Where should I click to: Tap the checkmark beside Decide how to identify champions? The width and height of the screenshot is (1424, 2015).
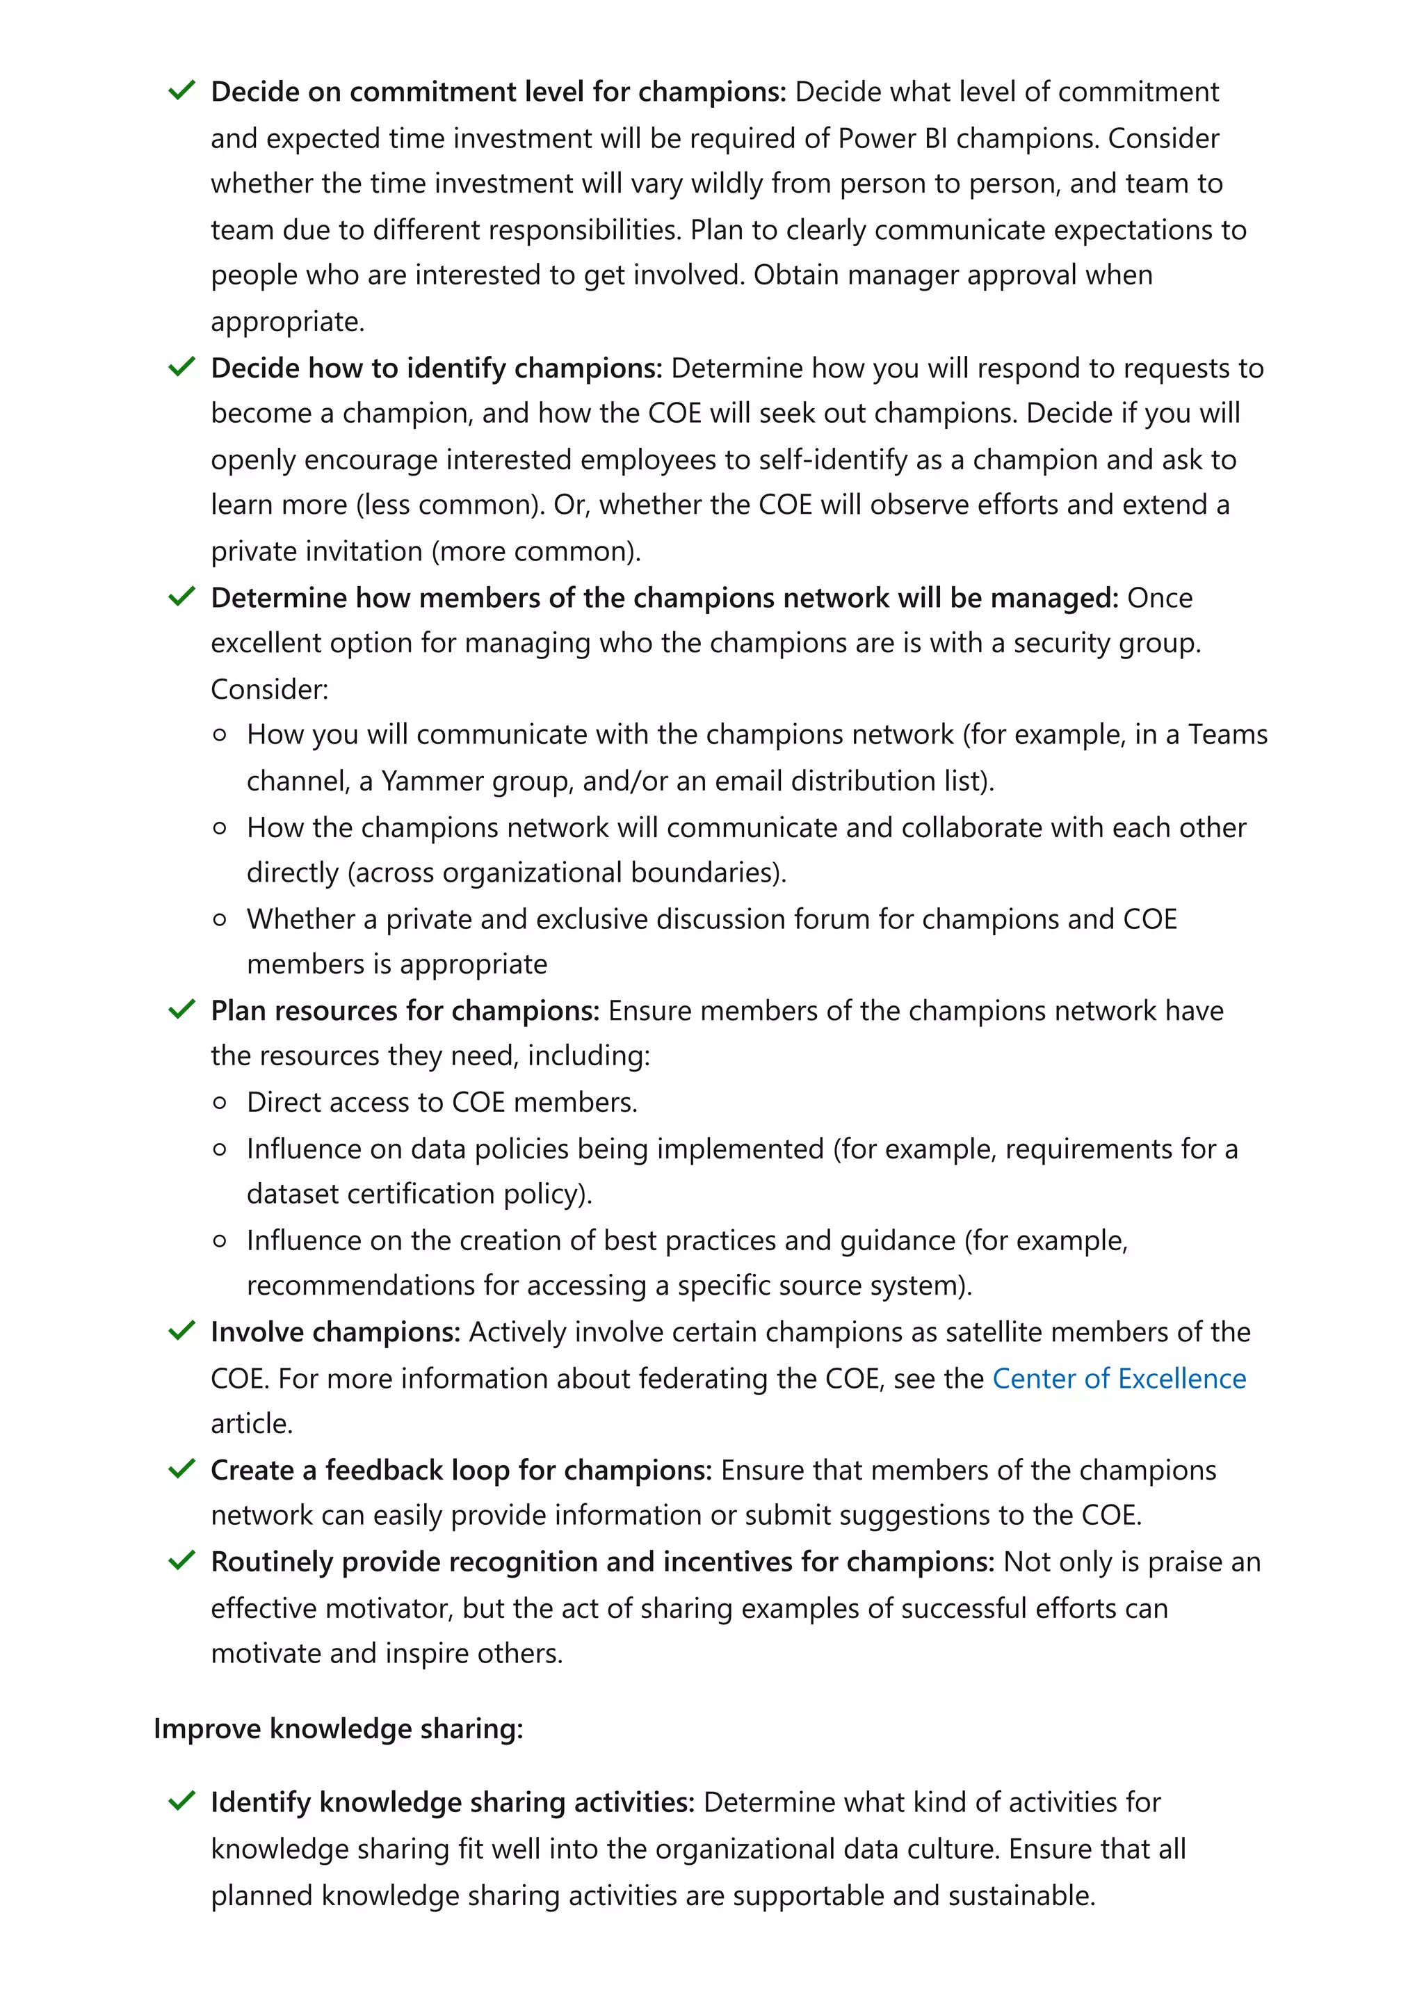(181, 367)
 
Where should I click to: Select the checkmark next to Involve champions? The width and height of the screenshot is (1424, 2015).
(181, 1332)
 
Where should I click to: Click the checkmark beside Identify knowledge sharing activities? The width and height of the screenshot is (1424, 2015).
(181, 1802)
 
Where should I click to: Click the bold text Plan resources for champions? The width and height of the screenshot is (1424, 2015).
(405, 1010)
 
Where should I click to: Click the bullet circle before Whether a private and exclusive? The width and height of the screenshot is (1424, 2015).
(220, 919)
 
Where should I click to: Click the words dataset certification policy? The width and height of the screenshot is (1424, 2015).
(418, 1194)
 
